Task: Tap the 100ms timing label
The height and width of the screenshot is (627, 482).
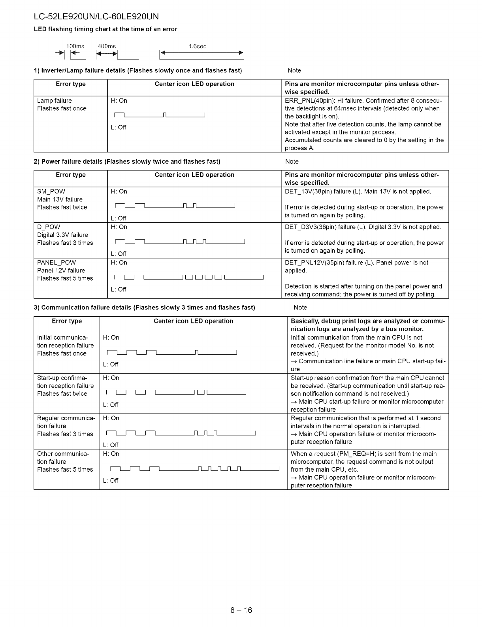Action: pos(75,46)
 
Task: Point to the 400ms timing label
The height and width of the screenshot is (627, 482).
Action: pos(107,46)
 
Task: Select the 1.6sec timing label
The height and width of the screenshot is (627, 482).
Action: pos(198,46)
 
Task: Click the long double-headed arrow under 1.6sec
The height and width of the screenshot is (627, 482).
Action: pos(201,54)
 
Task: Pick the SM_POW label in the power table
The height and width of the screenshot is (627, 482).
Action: pos(51,192)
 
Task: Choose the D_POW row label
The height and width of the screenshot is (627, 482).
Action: pos(49,227)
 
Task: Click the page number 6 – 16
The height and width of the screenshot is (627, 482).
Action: pos(241,610)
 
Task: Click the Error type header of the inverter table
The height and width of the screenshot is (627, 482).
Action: pos(70,84)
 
